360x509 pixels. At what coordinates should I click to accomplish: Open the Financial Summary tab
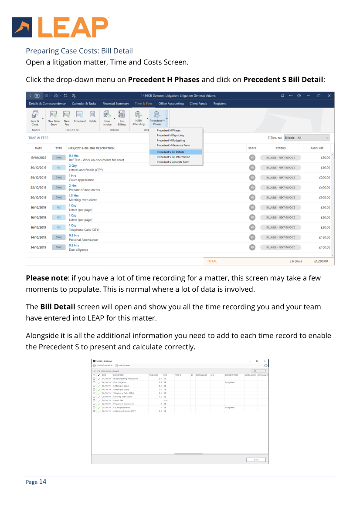coord(115,104)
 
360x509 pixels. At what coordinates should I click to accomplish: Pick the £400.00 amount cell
coord(323,188)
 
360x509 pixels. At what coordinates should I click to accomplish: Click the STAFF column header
coord(252,148)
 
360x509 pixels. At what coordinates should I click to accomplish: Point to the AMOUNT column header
coord(317,148)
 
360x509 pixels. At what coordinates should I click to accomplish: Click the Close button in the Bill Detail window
coord(256,459)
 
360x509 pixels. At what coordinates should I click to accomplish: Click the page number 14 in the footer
coord(43,482)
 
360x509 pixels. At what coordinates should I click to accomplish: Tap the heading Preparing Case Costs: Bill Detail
coord(79,51)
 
